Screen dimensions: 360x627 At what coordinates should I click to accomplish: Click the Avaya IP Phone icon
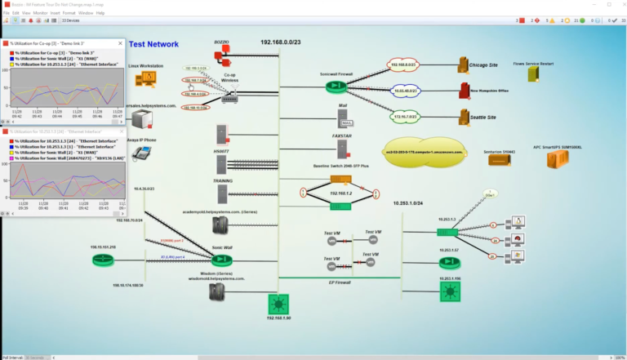coord(145,156)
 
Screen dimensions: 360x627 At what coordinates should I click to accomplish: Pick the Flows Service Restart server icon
coord(533,73)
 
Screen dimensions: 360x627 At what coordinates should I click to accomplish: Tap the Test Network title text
coord(156,44)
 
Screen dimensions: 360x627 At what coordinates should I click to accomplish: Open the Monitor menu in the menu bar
coord(39,13)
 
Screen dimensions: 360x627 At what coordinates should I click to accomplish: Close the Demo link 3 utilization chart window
coord(118,42)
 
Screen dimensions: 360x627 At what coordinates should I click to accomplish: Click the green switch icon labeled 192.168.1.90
coord(278,305)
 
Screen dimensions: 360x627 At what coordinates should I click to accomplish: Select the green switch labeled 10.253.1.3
coord(447,233)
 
